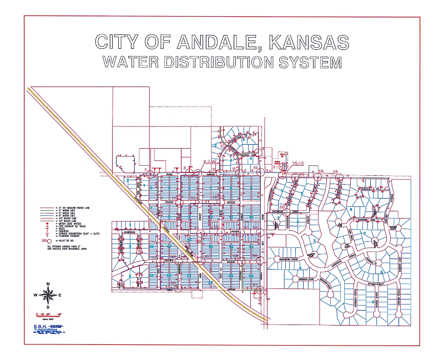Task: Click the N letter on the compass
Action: click(x=48, y=283)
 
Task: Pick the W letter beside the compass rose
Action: click(x=36, y=295)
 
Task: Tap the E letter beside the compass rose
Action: click(x=60, y=295)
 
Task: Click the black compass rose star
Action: click(x=48, y=295)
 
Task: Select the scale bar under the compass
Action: click(x=48, y=314)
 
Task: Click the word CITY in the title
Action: click(x=116, y=43)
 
